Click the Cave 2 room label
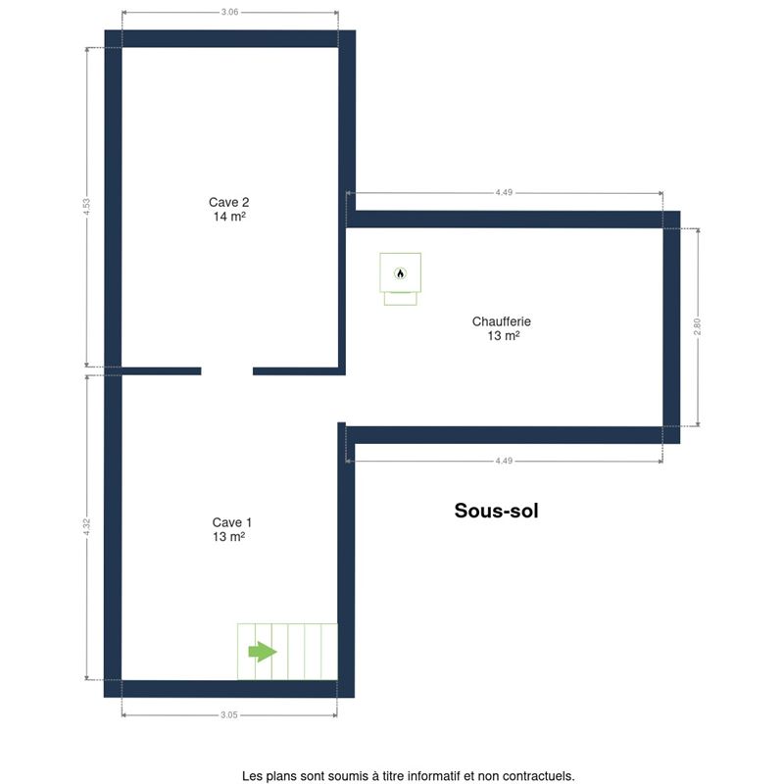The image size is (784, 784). [228, 202]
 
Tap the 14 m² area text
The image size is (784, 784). [229, 217]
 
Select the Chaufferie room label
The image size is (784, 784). [502, 321]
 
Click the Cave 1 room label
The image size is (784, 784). [231, 522]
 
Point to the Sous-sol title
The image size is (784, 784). [496, 511]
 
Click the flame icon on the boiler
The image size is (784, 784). [400, 273]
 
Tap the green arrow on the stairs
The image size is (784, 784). [263, 652]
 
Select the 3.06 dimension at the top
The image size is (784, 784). [229, 12]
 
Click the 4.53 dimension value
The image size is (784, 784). [87, 207]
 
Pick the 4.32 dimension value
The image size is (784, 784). [87, 527]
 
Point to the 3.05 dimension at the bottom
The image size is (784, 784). [229, 715]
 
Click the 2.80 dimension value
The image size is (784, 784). [698, 326]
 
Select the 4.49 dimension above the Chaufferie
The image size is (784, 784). [504, 192]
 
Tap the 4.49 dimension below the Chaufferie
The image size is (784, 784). [504, 461]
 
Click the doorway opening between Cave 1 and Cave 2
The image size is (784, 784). [227, 371]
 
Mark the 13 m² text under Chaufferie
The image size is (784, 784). [504, 335]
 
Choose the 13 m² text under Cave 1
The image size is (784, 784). [228, 536]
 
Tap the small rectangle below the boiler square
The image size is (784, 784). [401, 299]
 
